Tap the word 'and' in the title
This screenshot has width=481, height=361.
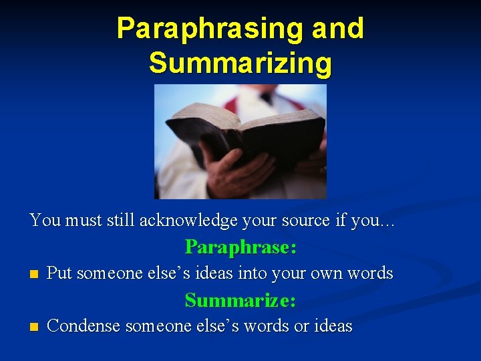pyautogui.click(x=339, y=29)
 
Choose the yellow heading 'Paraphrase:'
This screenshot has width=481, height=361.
pyautogui.click(x=240, y=247)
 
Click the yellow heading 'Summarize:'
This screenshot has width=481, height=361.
pyautogui.click(x=240, y=300)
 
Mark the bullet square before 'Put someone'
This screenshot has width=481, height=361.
pyautogui.click(x=34, y=274)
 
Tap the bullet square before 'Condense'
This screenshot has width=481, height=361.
pyautogui.click(x=34, y=328)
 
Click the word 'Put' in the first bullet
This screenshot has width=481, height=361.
pyautogui.click(x=59, y=273)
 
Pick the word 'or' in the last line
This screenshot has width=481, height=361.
pyautogui.click(x=300, y=326)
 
